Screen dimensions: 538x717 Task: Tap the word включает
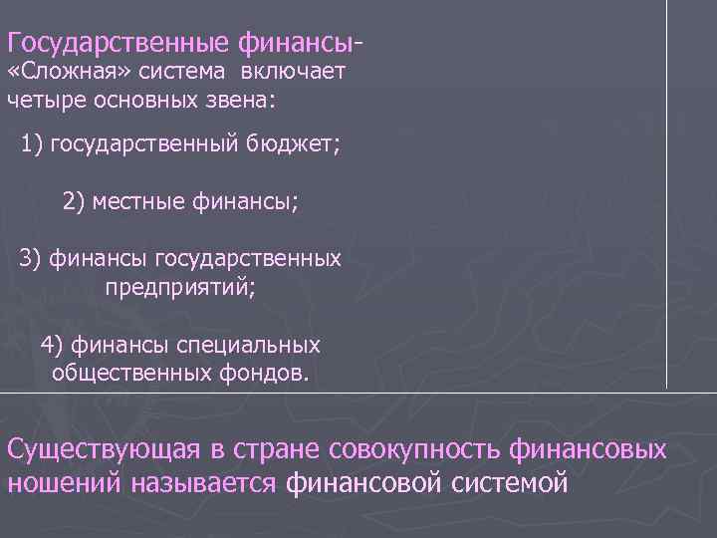[x=299, y=73]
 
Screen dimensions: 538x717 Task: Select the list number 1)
[x=32, y=146]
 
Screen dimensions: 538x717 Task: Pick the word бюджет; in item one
[x=295, y=146]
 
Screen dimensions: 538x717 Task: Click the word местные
[x=131, y=202]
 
